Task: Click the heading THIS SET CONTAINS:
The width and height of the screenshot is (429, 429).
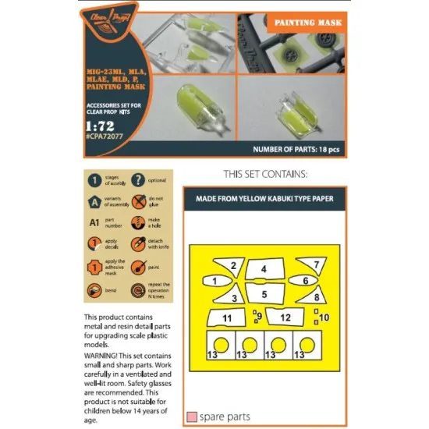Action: click(264, 172)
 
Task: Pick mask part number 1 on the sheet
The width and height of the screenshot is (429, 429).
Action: click(214, 280)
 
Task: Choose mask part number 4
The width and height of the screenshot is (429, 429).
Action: click(264, 268)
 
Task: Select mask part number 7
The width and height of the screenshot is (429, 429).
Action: click(314, 264)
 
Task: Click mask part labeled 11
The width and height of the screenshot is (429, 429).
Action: click(227, 318)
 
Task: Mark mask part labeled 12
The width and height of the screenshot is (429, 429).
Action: click(285, 317)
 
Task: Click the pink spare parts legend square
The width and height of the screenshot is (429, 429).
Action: click(191, 417)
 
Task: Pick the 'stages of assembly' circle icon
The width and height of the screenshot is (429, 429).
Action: click(92, 181)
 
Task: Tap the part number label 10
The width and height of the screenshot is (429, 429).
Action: click(325, 317)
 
